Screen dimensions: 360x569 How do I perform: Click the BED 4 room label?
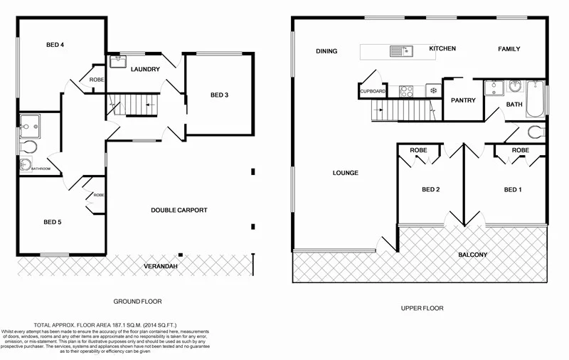(x=55, y=45)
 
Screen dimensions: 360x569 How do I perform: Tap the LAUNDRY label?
(x=145, y=69)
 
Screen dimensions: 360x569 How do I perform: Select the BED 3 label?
(x=219, y=95)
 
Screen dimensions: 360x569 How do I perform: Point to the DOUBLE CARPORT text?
(x=179, y=210)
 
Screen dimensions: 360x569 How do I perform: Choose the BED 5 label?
(x=53, y=222)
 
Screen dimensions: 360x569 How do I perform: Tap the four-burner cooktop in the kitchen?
(x=407, y=90)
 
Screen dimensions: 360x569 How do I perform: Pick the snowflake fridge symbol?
(x=432, y=90)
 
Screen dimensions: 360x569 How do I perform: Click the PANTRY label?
(x=463, y=100)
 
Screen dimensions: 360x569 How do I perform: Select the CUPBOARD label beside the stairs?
(x=373, y=91)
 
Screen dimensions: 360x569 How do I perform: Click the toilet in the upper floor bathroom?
(x=534, y=131)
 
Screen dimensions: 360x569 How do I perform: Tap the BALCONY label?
(x=472, y=255)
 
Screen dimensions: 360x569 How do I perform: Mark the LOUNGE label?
(x=345, y=173)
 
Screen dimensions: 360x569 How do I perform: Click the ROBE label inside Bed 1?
(x=521, y=151)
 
